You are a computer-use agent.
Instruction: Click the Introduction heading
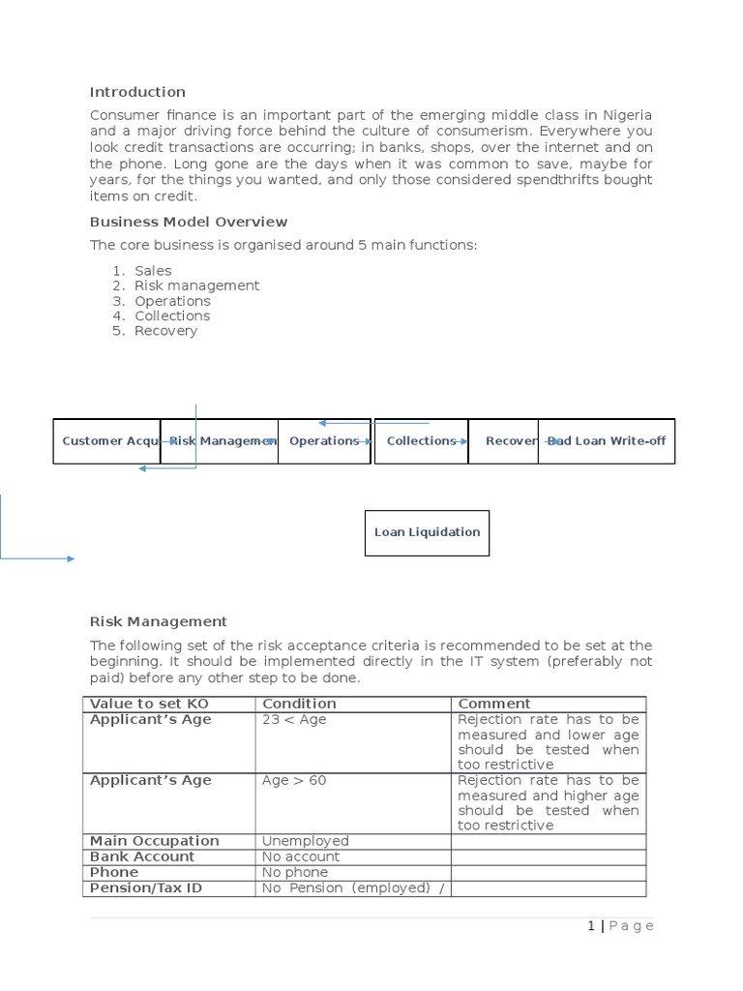[x=137, y=92]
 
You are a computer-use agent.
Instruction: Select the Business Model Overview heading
[x=188, y=222]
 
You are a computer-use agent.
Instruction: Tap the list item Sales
[x=153, y=271]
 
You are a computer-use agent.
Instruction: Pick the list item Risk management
[x=196, y=285]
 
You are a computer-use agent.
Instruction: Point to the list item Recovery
[x=165, y=330]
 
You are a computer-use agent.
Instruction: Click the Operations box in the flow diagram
[x=324, y=441]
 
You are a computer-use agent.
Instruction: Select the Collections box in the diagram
[x=421, y=441]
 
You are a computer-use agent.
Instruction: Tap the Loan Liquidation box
[x=427, y=532]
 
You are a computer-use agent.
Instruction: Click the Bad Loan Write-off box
[x=607, y=441]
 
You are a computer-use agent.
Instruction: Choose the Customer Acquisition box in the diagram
[x=106, y=441]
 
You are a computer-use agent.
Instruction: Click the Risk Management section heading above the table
[x=158, y=621]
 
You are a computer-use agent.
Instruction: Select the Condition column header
[x=299, y=704]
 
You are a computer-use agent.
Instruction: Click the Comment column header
[x=493, y=704]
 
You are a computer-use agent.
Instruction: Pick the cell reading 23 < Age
[x=294, y=720]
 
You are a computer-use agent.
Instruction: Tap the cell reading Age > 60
[x=294, y=780]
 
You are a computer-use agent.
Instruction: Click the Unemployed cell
[x=305, y=841]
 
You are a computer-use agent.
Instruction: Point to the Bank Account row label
[x=142, y=856]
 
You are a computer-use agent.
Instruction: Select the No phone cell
[x=295, y=872]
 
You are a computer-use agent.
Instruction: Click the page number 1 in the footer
[x=591, y=926]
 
